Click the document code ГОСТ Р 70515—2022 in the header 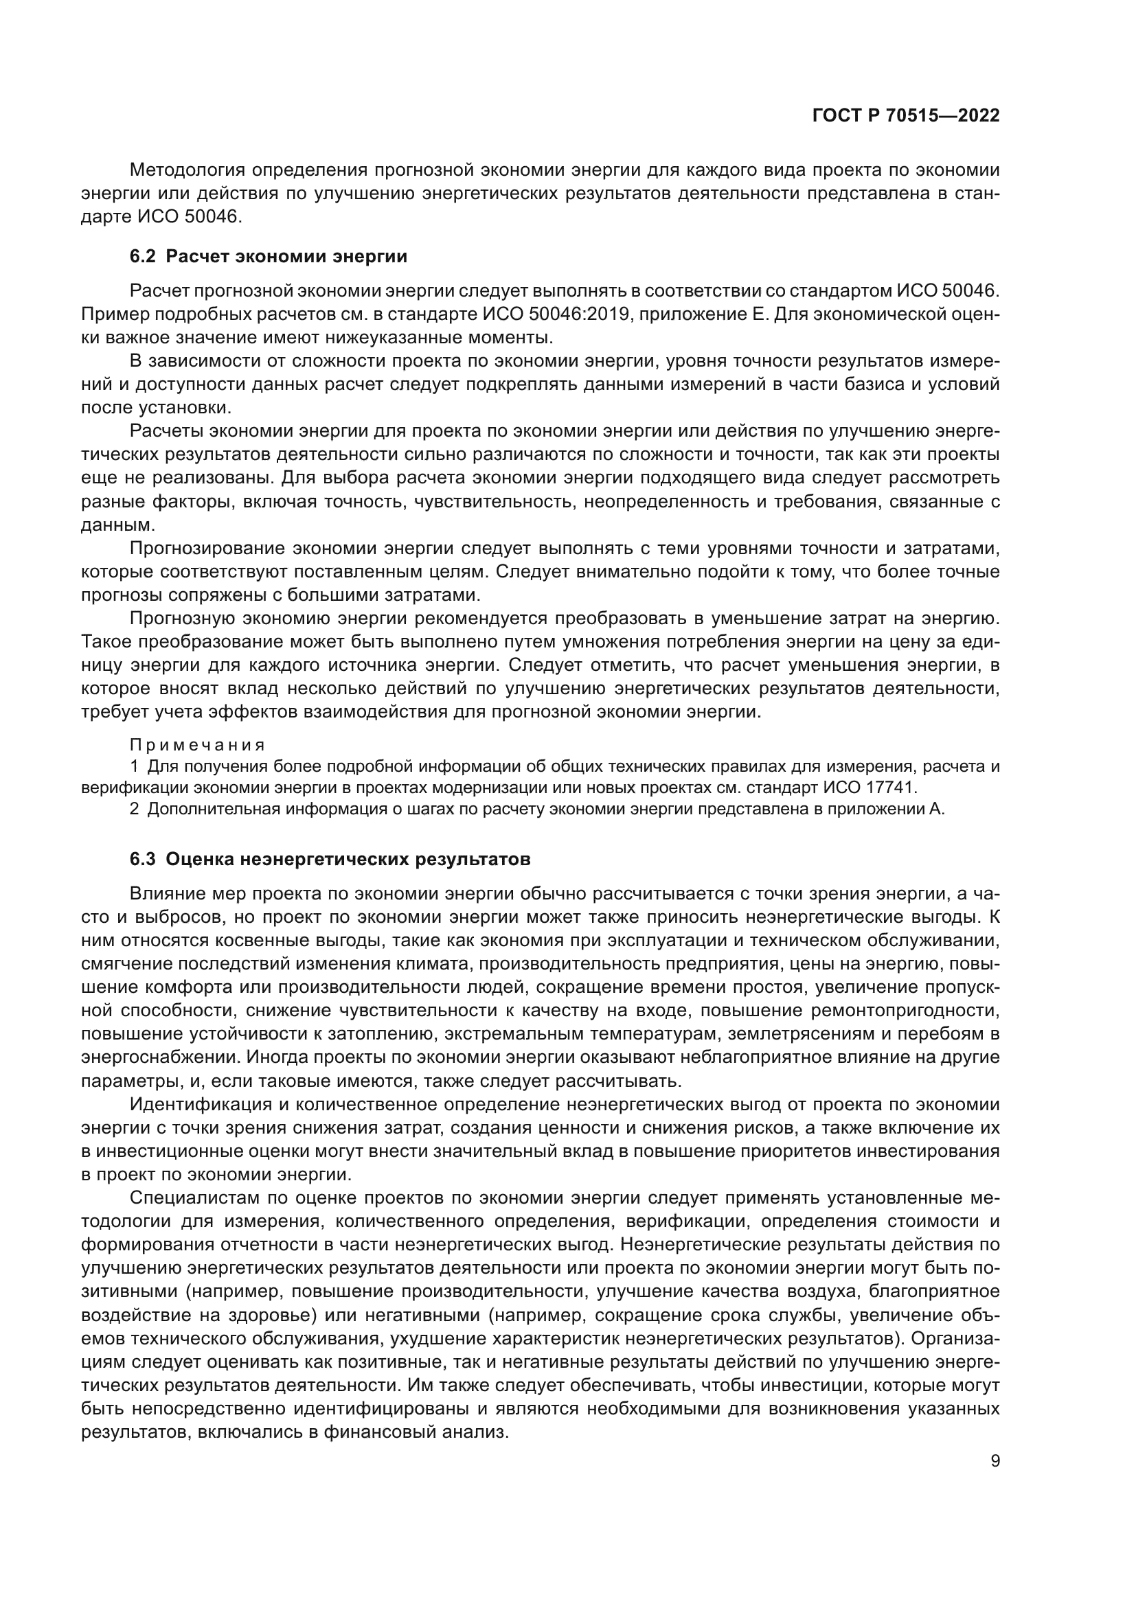pyautogui.click(x=906, y=115)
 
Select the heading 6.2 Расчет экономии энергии pyautogui.click(x=268, y=256)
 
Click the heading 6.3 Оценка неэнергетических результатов pyautogui.click(x=330, y=859)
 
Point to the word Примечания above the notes pyautogui.click(x=198, y=745)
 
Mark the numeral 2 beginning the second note pyautogui.click(x=135, y=810)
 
